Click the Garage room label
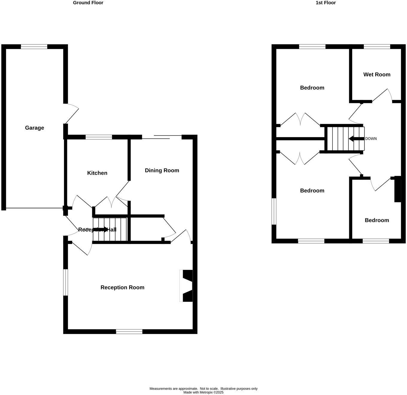click(34, 128)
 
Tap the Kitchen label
click(97, 173)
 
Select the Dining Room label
click(162, 170)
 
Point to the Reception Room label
click(122, 287)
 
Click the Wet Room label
click(377, 75)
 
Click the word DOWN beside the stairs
click(371, 139)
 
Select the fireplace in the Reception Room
click(186, 286)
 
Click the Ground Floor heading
click(88, 3)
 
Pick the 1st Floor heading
click(326, 3)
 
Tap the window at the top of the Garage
click(34, 46)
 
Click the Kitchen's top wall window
click(99, 137)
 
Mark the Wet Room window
click(377, 46)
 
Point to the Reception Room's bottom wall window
click(129, 331)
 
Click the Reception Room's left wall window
click(65, 282)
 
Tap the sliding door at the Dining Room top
click(162, 137)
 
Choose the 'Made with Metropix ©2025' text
click(203, 392)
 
